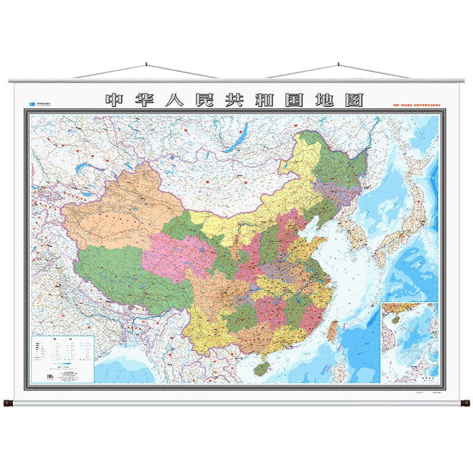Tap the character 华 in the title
[149, 100]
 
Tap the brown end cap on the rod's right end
[465, 404]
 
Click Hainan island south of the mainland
[259, 368]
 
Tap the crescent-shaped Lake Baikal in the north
[232, 142]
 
